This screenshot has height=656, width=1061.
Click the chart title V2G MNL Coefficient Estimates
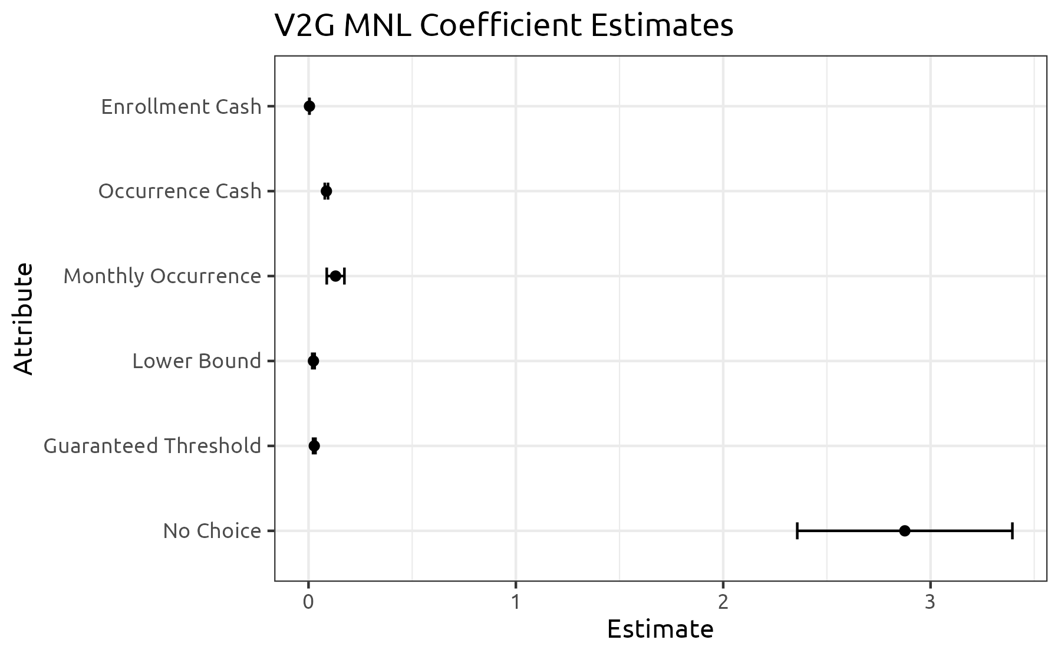coord(503,26)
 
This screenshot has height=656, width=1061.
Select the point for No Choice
coord(905,531)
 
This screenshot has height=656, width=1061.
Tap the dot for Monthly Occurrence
coord(335,276)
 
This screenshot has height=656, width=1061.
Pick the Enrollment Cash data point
coord(309,106)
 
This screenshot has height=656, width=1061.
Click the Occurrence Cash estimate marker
coord(327,191)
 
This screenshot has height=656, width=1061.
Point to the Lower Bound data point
coord(313,360)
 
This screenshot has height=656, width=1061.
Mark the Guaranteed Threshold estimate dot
coord(314,446)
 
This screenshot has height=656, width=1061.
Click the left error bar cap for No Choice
coord(797,531)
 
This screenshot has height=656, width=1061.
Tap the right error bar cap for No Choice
coord(1012,531)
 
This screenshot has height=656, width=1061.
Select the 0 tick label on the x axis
coord(308,603)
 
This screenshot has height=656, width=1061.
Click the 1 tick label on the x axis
coord(516,603)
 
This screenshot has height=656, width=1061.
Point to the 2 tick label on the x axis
coord(723,603)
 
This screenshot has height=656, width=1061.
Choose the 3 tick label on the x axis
coord(930,603)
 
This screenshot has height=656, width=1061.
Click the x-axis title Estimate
coord(660,629)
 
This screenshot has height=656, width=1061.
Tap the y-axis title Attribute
coord(24,319)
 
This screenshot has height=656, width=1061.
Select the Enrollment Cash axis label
coord(181,107)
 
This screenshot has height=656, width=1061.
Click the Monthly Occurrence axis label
coord(162,276)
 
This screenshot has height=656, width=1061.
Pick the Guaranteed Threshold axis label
coord(152,446)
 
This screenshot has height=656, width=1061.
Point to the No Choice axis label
coord(212,531)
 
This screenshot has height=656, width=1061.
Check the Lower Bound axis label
coord(196,361)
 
